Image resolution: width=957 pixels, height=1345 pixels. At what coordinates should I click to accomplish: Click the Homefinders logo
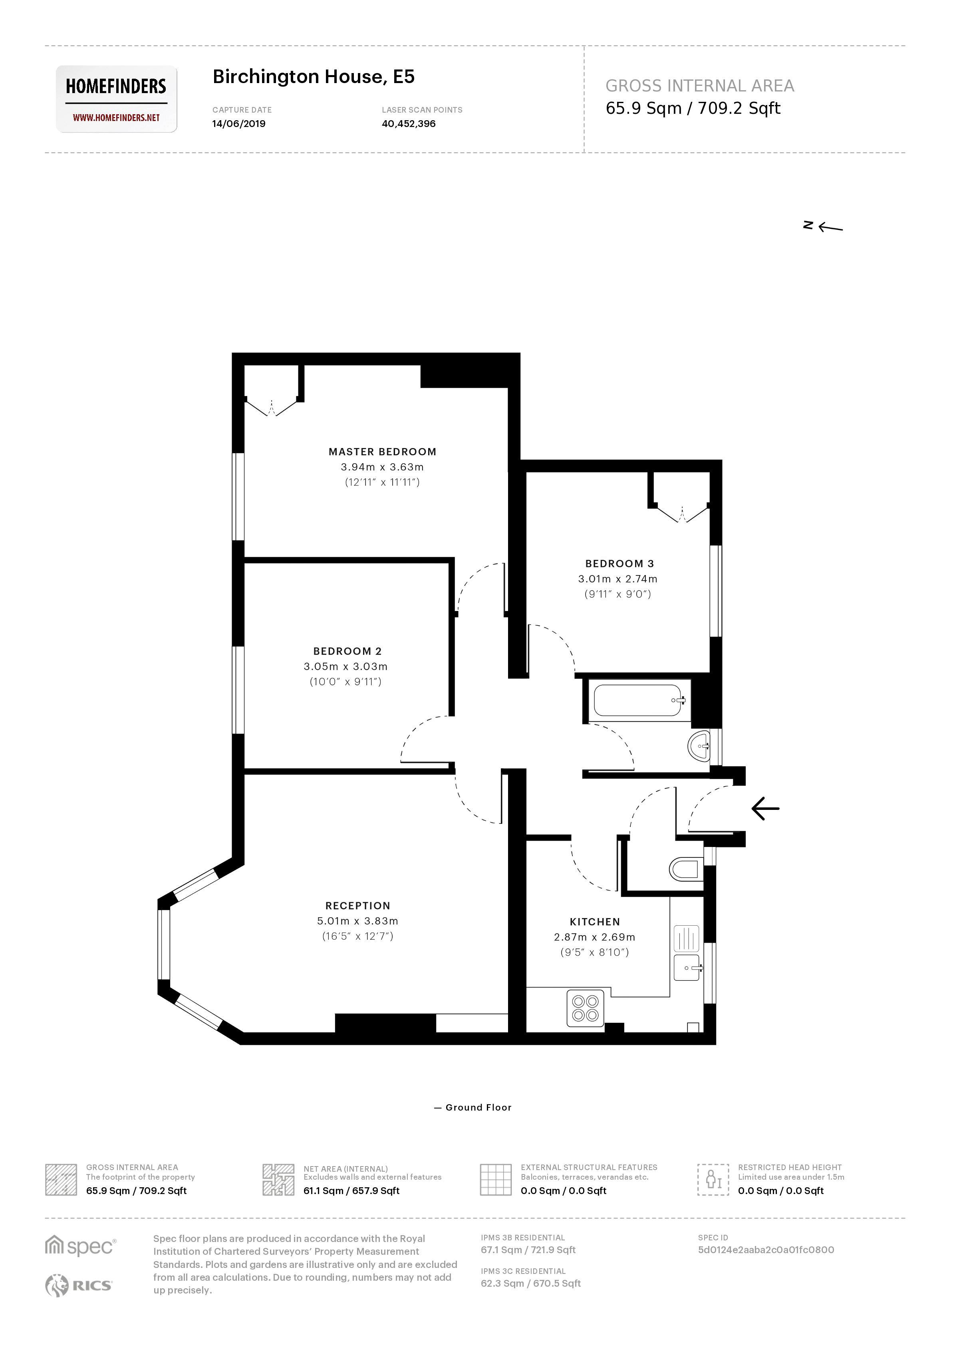(116, 98)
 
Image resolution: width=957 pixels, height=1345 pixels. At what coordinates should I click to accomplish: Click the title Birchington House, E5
(314, 77)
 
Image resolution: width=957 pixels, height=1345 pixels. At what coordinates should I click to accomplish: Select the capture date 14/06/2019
(239, 124)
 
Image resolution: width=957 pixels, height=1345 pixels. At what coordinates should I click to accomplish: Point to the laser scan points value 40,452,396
(408, 124)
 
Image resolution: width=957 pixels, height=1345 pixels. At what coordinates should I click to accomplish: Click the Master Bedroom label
(383, 452)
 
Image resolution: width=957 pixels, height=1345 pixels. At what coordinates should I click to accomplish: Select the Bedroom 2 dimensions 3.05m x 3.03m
(345, 667)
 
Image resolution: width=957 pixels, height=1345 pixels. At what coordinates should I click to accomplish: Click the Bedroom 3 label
(619, 564)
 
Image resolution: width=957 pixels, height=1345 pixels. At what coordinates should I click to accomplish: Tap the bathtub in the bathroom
(638, 700)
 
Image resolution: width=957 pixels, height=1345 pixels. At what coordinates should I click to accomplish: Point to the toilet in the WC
(685, 869)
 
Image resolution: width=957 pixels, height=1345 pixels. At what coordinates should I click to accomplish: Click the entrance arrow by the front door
(765, 808)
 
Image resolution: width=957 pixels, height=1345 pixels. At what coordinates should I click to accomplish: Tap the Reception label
(358, 905)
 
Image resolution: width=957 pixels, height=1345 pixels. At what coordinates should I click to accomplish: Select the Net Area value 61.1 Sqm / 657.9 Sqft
(351, 1190)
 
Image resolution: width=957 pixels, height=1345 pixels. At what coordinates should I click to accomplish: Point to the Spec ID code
(766, 1250)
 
